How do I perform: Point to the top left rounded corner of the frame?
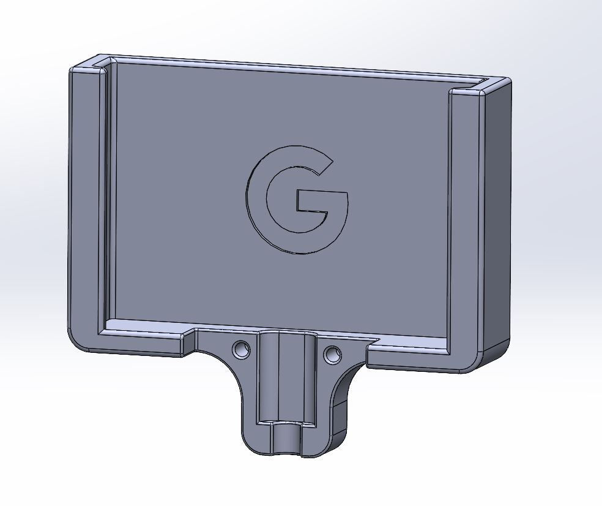[x=76, y=69]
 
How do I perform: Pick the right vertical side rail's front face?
[x=468, y=227]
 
